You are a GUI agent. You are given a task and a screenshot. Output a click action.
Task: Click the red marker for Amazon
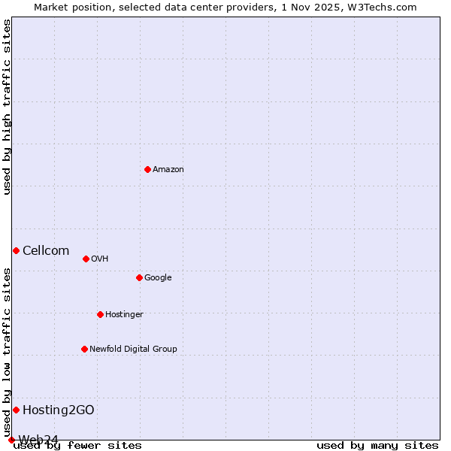coord(147,169)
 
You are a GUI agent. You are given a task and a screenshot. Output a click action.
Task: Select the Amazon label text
coord(168,170)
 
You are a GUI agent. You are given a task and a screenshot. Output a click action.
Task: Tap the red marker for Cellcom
coord(16,250)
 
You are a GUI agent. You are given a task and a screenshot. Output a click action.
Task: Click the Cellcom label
coord(46,251)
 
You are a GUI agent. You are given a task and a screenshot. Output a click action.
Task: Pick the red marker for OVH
coord(86,259)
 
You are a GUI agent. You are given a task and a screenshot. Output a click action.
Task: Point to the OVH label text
coord(99,259)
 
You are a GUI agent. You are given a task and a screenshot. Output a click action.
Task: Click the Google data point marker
coord(139,277)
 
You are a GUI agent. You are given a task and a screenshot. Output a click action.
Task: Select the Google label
coord(158,278)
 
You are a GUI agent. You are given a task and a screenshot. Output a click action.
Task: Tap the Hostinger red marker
coord(100,314)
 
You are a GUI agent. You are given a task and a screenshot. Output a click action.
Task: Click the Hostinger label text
coord(124,315)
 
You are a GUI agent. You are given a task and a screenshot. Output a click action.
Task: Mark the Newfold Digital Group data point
coord(84,349)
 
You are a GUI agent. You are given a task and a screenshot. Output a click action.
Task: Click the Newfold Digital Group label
coord(133,350)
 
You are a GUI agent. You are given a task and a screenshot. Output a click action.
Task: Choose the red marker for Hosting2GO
coord(16,410)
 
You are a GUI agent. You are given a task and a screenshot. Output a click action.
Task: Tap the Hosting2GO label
coord(58,410)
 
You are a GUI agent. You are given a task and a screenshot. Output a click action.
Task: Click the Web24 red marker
coord(11,440)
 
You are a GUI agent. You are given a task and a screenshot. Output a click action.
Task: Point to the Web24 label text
coord(38,440)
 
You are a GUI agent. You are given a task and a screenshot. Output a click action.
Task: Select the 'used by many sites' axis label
coord(377,446)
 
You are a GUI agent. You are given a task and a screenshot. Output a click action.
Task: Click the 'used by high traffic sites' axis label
coord(8,107)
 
